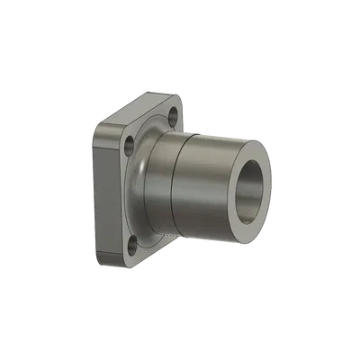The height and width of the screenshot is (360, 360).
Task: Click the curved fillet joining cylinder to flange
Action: pyautogui.click(x=144, y=180)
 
